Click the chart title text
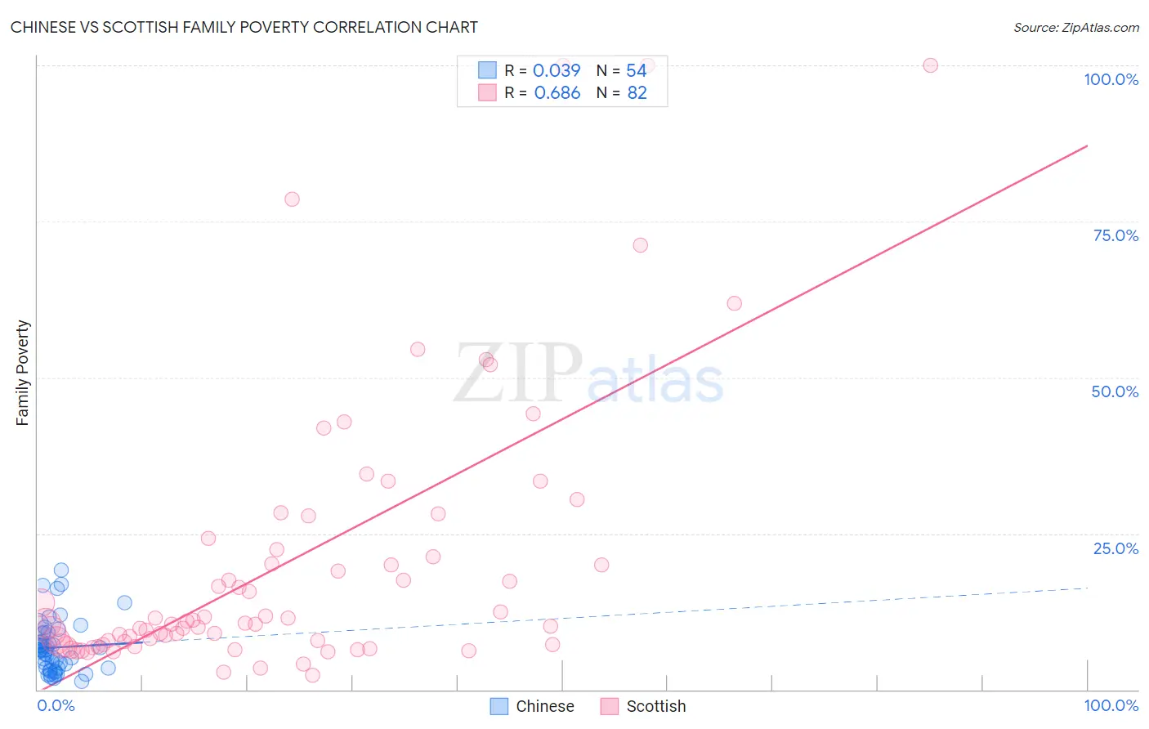click(x=244, y=27)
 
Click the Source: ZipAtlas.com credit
click(x=1075, y=27)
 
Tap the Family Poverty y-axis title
click(x=23, y=373)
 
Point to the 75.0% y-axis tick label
click(x=1115, y=235)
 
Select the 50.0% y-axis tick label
click(x=1115, y=391)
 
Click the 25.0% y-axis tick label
click(x=1115, y=548)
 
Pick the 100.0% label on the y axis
click(x=1111, y=79)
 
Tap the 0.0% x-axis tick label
click(x=56, y=705)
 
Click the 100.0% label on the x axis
click(x=1111, y=705)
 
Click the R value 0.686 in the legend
click(x=557, y=92)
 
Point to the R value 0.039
click(x=557, y=70)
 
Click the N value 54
click(x=637, y=70)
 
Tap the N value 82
click(x=637, y=92)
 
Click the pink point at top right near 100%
click(x=930, y=65)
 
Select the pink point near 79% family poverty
click(x=292, y=199)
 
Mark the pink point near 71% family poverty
click(x=641, y=245)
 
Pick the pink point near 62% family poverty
click(x=734, y=303)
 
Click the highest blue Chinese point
click(x=61, y=570)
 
